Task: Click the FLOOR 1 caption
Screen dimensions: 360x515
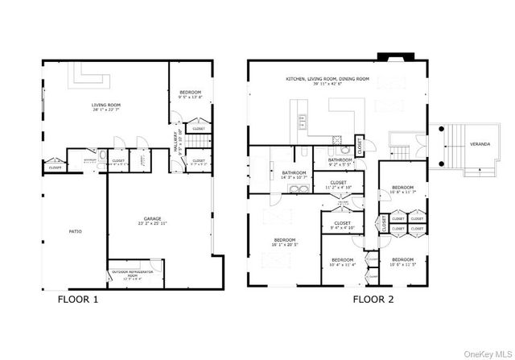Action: pos(79,300)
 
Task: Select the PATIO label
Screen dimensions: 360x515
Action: pos(74,231)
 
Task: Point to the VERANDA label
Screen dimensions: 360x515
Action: pos(480,144)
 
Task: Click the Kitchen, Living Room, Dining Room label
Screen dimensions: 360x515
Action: pos(328,79)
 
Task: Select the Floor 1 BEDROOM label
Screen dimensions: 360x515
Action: pos(189,92)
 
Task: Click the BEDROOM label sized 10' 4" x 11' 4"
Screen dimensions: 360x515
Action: pos(343,259)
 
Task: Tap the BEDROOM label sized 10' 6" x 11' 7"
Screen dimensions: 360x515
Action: pos(402,187)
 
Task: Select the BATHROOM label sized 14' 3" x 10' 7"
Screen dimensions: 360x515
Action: pos(293,172)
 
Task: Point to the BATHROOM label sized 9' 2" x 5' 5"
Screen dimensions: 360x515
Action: pos(340,159)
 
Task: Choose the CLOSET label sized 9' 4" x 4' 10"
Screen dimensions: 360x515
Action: pos(342,223)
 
